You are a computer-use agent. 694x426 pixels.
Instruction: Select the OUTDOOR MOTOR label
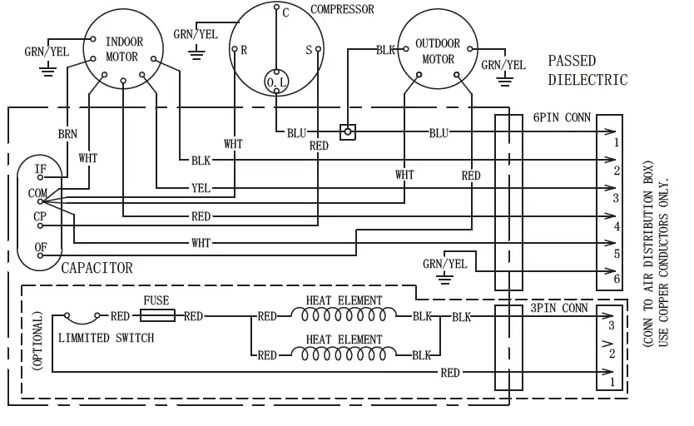coord(438,52)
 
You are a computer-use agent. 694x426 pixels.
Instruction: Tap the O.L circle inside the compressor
coord(275,81)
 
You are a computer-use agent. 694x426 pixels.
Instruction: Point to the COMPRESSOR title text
coord(341,10)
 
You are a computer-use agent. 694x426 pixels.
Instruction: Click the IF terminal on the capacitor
coord(40,169)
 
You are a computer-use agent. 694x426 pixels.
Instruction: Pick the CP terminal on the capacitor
coord(39,216)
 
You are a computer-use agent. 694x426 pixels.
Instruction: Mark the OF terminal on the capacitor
coord(40,247)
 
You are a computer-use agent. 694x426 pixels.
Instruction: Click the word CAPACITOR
coord(97,268)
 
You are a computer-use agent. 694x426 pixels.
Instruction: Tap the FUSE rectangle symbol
coord(156,316)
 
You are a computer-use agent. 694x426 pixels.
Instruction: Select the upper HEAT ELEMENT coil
coord(345,316)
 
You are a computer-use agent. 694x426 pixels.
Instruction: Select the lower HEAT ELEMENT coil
coord(345,354)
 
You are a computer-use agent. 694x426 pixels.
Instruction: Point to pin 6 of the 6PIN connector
coord(615,279)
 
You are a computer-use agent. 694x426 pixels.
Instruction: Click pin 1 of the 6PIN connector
coord(615,142)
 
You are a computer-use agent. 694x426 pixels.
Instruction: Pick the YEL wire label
coord(200,188)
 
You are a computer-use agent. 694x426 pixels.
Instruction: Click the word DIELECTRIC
coord(587,80)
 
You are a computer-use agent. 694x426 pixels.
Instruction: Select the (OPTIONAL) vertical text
coord(36,342)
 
